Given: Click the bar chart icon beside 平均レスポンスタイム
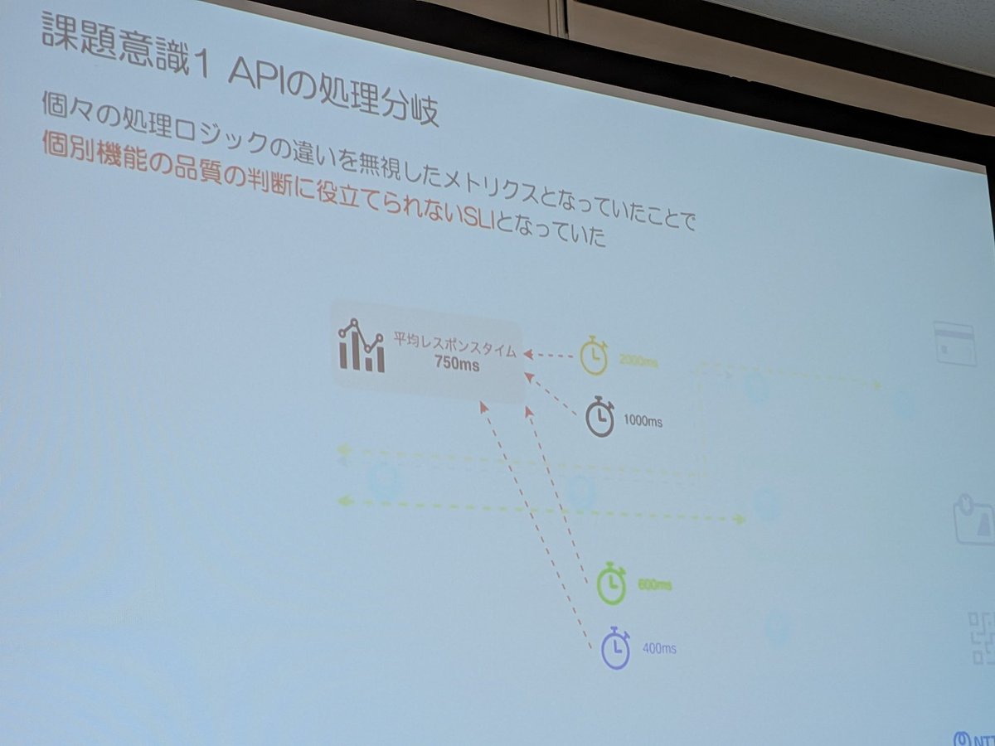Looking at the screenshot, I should [362, 346].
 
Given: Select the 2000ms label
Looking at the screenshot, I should [638, 361].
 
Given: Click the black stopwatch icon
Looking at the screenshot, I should [600, 416].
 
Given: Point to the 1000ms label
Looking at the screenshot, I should [643, 421].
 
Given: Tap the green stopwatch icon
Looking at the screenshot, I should [612, 584].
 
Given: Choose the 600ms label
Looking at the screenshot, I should [654, 586].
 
